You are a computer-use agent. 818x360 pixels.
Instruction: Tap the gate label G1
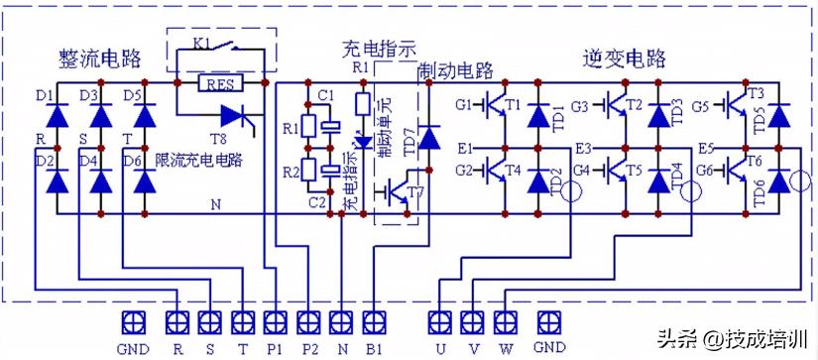[x=462, y=103]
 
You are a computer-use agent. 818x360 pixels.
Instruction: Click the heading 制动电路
[x=457, y=70]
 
